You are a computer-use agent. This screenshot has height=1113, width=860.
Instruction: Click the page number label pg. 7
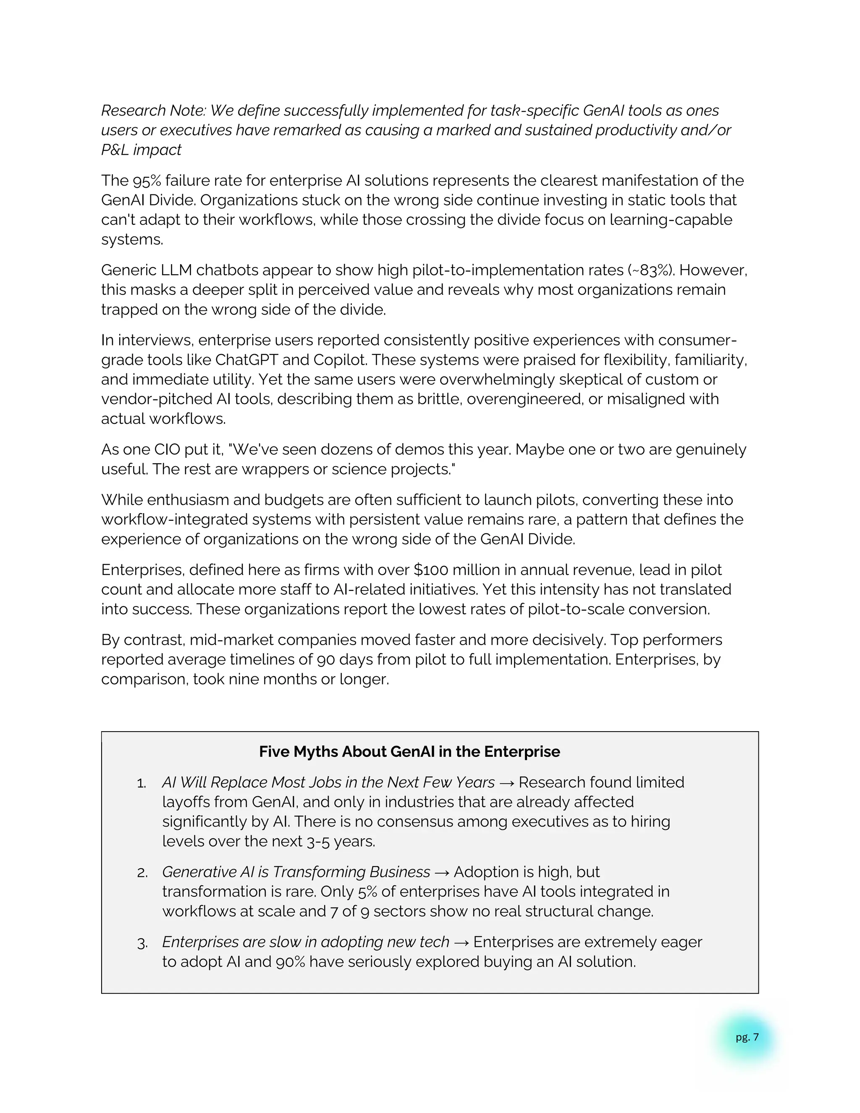point(747,1037)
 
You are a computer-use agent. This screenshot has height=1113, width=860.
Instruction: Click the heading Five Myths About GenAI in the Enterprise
point(409,752)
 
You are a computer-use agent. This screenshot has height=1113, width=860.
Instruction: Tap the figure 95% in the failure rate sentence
point(146,181)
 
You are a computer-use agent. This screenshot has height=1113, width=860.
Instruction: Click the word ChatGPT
point(246,360)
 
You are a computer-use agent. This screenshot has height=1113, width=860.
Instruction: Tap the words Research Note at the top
point(153,110)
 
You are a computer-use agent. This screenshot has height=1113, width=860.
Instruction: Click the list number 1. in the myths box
point(142,784)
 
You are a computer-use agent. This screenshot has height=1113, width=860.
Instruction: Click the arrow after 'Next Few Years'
point(506,783)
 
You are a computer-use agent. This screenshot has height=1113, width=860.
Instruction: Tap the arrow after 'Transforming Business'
point(442,872)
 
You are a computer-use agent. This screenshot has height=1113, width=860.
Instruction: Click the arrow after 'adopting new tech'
point(461,942)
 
